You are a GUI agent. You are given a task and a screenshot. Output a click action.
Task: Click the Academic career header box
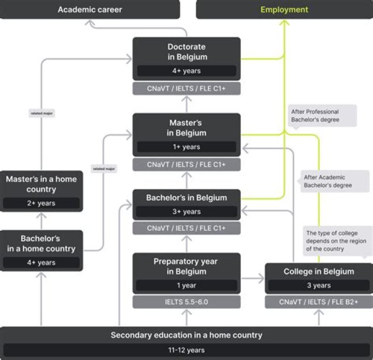90,9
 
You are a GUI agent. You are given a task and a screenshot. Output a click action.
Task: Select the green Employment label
284,9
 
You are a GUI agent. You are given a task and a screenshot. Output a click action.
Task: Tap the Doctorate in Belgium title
187,51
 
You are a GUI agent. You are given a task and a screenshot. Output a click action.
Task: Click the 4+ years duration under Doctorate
187,71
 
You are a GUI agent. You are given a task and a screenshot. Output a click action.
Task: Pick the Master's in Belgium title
187,128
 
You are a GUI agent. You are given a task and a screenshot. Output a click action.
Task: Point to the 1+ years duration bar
187,147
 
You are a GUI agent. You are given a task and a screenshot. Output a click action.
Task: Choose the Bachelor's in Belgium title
187,198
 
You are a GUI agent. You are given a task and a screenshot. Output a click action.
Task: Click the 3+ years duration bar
187,212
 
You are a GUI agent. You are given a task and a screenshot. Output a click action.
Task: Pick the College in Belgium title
319,271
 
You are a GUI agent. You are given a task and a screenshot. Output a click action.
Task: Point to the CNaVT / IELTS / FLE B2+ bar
319,302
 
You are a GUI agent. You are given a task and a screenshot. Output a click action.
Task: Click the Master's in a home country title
41,184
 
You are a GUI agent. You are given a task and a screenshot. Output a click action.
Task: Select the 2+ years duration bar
41,203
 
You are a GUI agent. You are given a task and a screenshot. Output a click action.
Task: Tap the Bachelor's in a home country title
41,244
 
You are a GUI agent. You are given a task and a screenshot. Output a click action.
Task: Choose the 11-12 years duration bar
187,350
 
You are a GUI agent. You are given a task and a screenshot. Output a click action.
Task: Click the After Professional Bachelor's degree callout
322,116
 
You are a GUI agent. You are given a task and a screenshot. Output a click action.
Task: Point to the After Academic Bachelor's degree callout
334,181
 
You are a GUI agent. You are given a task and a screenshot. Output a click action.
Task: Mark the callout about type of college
337,241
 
